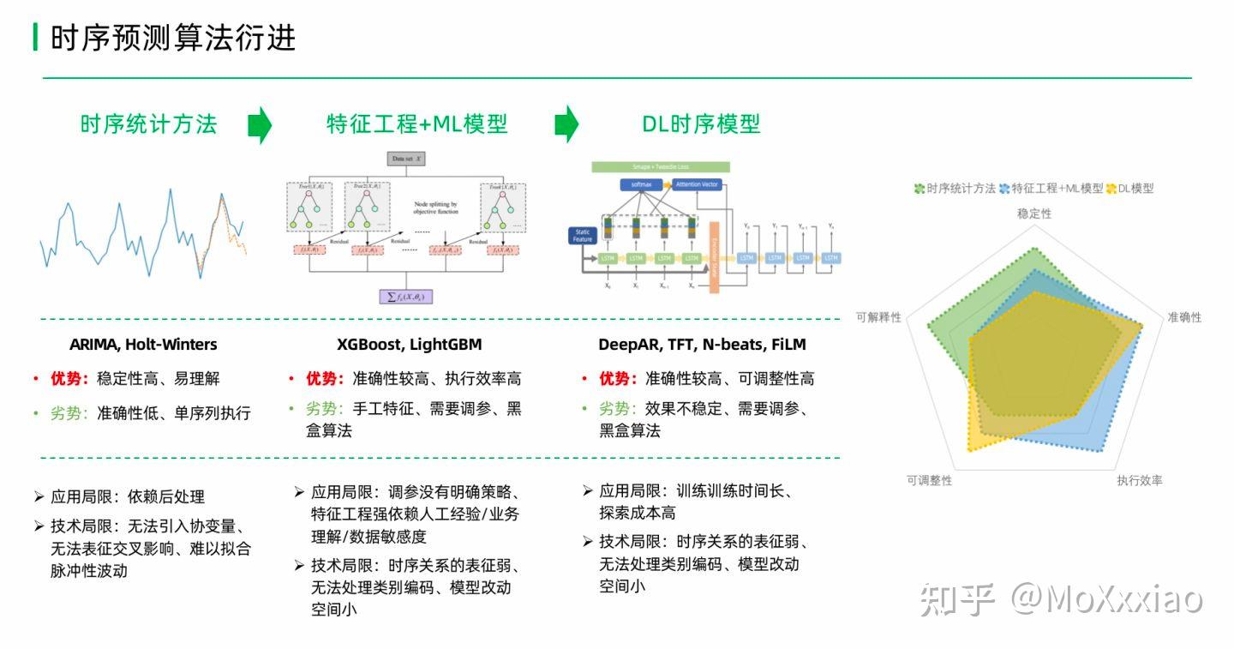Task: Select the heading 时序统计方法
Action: click(148, 124)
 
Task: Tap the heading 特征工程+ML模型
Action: click(416, 124)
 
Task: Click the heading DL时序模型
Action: click(701, 124)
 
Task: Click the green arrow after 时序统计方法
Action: click(260, 125)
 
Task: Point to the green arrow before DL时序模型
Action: click(566, 125)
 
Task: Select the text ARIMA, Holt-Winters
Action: click(143, 345)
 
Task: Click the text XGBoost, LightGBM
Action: click(410, 345)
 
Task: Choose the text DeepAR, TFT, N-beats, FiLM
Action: click(702, 345)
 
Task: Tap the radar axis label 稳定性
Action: click(1033, 213)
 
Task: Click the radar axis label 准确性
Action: click(1184, 317)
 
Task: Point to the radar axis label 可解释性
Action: click(878, 317)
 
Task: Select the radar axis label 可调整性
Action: click(929, 481)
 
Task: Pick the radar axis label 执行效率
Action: click(1139, 481)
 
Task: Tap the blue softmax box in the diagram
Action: click(639, 185)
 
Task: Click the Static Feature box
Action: click(583, 235)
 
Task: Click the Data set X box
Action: click(408, 159)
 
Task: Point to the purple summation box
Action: click(408, 297)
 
